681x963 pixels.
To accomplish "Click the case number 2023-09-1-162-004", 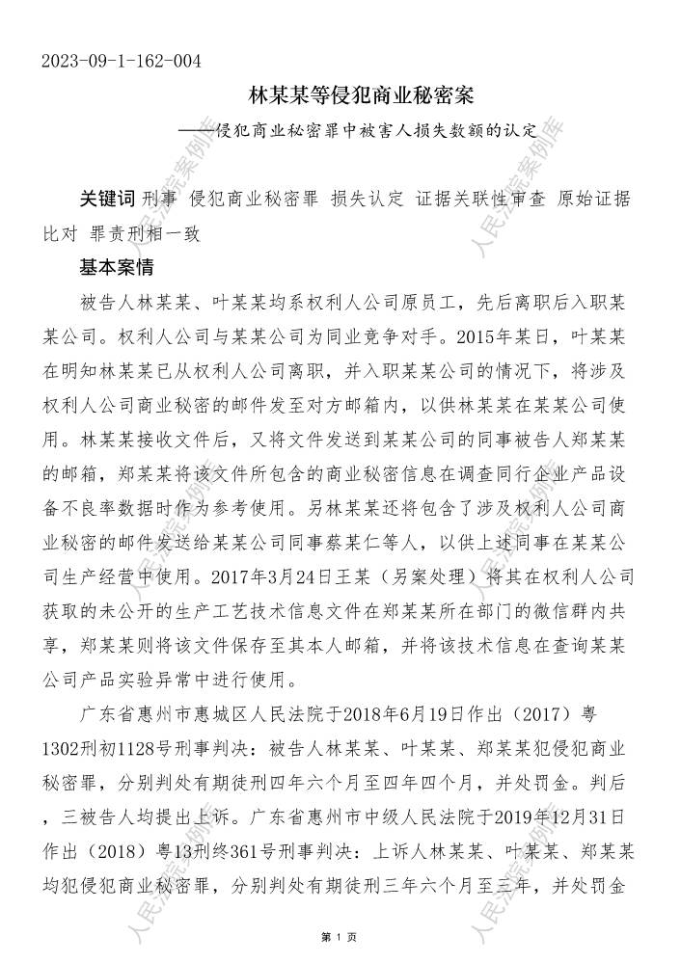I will tap(122, 63).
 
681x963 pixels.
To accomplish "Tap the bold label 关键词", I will tap(106, 200).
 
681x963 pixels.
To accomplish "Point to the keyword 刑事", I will tap(159, 200).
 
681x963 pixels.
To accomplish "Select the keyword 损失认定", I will tap(367, 200).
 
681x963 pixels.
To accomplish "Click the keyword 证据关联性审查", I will tap(481, 200).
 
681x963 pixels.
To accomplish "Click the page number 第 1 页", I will tap(340, 936).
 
